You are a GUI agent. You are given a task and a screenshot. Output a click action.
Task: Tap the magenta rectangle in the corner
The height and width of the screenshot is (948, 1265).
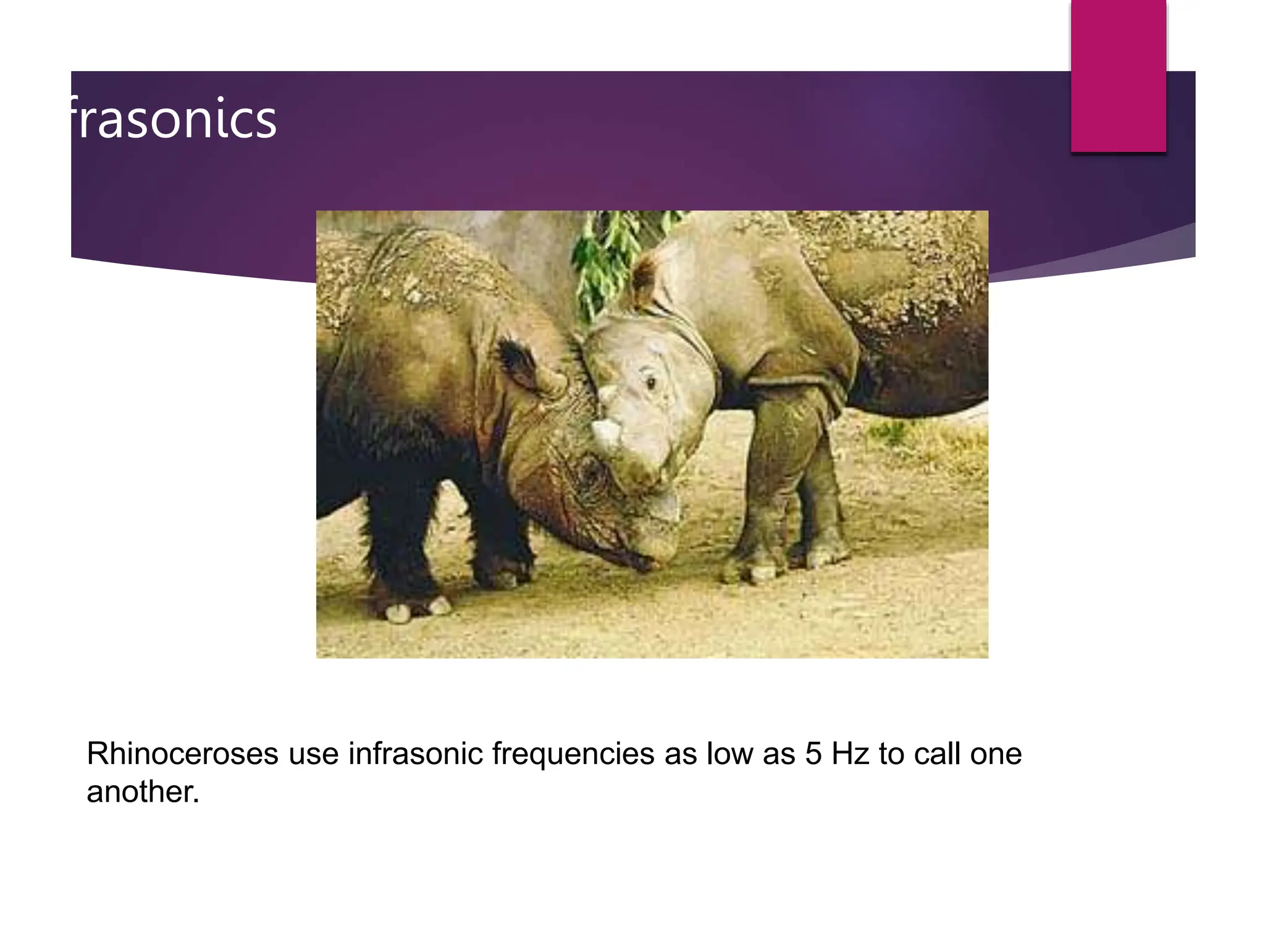point(1118,75)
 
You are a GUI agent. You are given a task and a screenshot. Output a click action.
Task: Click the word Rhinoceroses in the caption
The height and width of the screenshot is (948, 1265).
point(182,754)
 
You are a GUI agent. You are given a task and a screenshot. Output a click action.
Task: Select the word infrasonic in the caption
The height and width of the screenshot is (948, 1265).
point(415,754)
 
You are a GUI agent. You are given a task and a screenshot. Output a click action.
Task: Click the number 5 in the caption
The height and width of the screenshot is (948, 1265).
point(813,754)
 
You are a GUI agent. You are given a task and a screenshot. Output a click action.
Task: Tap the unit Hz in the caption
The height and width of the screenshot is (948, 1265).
point(851,754)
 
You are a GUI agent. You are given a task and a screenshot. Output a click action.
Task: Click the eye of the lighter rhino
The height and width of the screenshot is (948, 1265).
point(650,383)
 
